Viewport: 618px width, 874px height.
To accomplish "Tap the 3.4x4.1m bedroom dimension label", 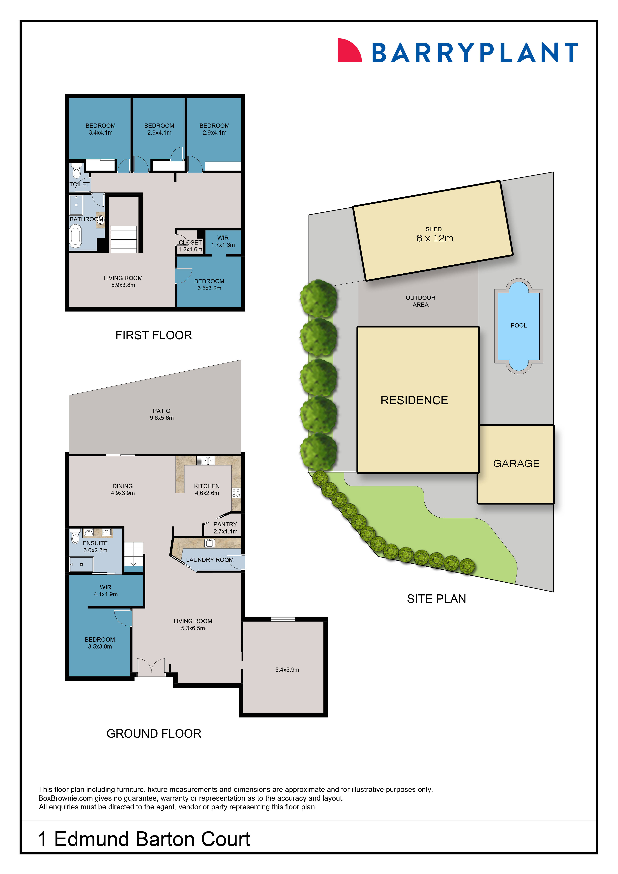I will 100,132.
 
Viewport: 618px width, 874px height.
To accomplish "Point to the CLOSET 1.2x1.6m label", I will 190,246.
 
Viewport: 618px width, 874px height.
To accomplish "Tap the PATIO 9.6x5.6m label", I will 162,414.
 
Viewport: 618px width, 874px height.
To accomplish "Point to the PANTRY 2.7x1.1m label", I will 225,528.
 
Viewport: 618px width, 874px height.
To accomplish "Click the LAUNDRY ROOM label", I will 210,560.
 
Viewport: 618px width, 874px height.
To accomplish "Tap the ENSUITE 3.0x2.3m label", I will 95,547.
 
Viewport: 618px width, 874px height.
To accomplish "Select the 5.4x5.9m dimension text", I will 287,670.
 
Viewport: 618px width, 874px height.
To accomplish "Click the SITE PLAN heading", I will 437,599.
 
